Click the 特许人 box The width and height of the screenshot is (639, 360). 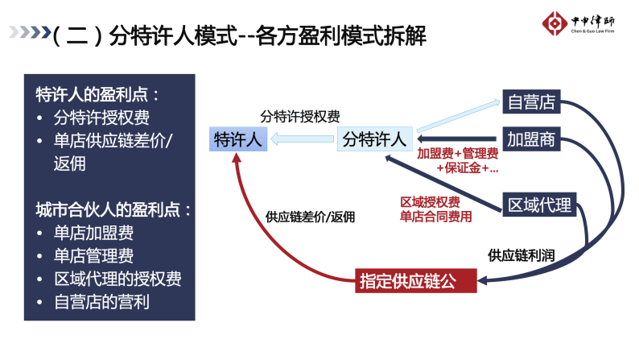[x=237, y=139]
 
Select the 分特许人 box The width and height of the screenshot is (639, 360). [x=374, y=139]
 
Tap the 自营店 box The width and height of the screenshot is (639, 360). [x=531, y=103]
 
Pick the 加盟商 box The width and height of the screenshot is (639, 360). [x=531, y=139]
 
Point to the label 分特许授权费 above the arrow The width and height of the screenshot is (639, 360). [x=300, y=116]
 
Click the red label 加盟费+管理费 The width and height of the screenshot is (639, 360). [x=457, y=154]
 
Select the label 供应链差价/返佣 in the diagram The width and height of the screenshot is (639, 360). [x=310, y=217]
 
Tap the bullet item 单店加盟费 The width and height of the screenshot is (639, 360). [x=93, y=234]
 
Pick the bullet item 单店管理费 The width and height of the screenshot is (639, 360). [x=93, y=257]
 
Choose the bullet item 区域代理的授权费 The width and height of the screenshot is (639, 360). [x=117, y=280]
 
